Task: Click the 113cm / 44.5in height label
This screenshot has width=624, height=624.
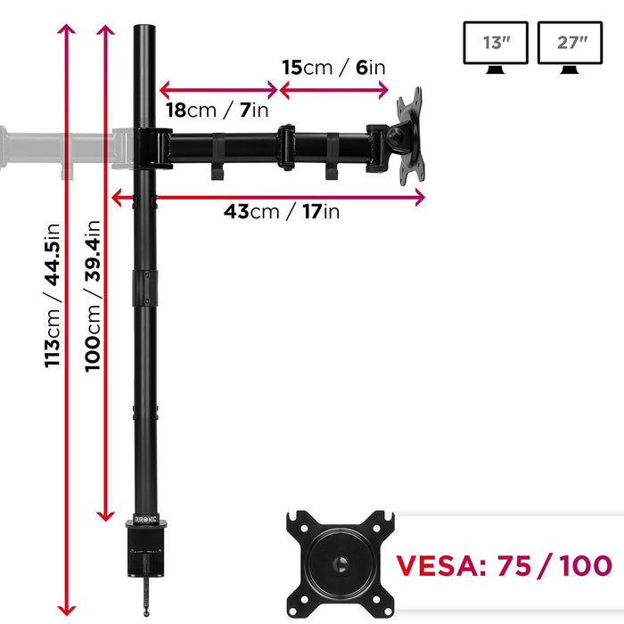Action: pos(53,294)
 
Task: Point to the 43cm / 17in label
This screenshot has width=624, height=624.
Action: pos(281,211)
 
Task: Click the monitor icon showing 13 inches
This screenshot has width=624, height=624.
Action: pos(496,45)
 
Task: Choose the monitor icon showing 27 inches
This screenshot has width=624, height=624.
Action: pos(570,45)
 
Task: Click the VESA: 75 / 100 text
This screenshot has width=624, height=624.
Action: pos(505,565)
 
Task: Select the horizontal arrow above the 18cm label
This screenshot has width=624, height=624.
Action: pos(219,90)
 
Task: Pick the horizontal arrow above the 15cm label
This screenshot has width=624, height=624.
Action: pos(334,89)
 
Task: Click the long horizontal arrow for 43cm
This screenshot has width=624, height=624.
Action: pos(267,196)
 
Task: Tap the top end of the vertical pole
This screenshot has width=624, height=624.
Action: pos(143,30)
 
